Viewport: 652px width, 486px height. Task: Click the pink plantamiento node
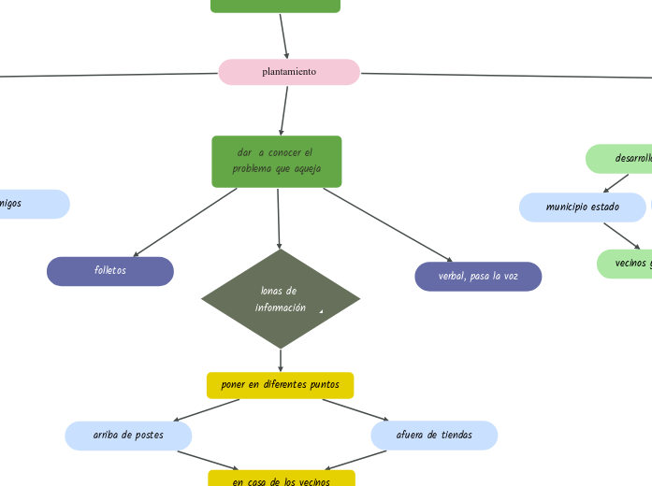289,72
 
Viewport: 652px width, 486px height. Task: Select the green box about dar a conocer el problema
277,162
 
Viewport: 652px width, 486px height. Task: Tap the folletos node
110,271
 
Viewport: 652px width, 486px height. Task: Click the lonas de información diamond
281,299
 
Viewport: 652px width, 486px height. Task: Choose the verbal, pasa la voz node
478,277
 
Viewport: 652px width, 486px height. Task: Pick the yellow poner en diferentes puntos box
280,385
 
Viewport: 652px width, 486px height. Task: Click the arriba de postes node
128,436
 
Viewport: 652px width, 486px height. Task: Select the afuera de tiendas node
434,436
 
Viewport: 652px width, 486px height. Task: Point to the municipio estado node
582,207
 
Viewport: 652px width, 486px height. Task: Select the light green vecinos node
625,264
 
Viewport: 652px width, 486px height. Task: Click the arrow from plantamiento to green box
283,111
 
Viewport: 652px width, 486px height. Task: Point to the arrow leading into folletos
184,222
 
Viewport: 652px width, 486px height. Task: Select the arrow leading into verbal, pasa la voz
387,224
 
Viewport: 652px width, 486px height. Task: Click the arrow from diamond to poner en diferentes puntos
281,361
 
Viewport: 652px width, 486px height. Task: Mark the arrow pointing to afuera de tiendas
355,410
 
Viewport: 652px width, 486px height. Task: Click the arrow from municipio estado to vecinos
622,236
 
